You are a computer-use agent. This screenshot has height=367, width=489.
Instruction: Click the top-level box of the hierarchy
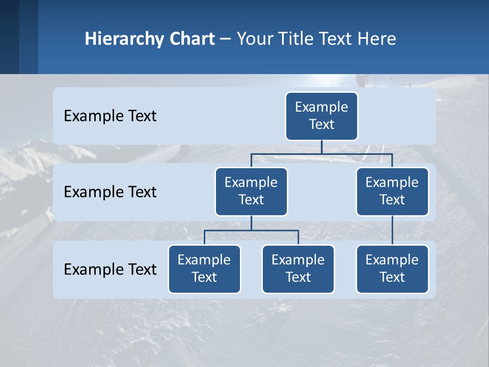321,116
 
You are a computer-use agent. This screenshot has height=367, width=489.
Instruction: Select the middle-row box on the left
251,191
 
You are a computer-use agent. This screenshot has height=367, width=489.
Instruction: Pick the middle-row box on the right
392,191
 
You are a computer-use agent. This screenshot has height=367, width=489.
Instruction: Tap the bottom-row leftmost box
204,269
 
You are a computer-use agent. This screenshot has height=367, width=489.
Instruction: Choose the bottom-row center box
298,269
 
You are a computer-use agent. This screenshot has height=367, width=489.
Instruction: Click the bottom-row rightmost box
392,269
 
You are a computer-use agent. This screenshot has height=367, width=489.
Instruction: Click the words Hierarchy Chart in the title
150,39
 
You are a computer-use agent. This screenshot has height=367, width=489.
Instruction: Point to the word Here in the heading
376,39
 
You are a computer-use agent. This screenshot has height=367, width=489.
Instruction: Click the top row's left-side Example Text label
110,116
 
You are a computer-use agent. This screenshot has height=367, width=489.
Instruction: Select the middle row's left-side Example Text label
110,192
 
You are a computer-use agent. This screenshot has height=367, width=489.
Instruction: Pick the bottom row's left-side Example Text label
110,269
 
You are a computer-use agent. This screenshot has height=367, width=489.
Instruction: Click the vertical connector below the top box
321,147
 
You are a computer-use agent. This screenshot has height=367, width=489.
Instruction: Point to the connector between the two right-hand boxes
392,230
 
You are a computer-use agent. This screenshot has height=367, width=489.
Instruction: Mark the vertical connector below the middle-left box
251,223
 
